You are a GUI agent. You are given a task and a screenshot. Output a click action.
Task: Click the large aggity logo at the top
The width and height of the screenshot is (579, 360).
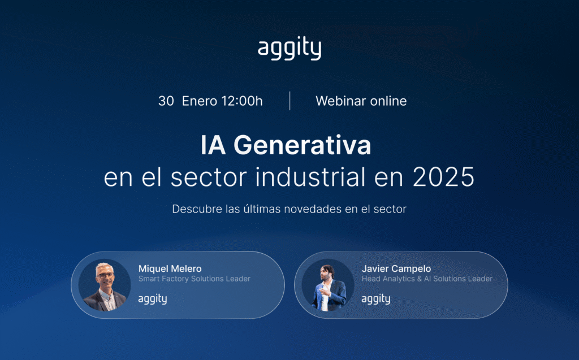point(289,49)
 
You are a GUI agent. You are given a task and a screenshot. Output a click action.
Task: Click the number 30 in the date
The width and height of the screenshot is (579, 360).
point(166,101)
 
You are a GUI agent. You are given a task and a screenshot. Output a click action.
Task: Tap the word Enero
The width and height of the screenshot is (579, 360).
point(200,101)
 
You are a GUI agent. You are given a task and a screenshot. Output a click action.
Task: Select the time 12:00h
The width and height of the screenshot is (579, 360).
point(242,101)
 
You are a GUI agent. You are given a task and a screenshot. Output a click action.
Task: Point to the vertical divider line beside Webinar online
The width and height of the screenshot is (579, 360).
point(290,101)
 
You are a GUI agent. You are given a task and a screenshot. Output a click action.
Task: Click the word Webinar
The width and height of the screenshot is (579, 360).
point(340,101)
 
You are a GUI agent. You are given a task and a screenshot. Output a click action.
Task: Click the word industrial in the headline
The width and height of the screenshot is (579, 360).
point(309,177)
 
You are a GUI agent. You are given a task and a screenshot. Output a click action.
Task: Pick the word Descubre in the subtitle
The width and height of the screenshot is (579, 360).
point(195,209)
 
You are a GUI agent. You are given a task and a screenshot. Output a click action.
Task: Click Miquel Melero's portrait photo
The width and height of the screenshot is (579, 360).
point(105,285)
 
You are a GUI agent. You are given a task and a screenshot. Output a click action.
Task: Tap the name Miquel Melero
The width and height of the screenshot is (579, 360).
point(170,268)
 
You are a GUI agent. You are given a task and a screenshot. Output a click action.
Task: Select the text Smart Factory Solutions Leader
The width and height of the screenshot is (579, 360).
point(194,279)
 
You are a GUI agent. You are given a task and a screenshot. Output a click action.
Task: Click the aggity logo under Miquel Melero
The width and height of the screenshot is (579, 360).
point(153,299)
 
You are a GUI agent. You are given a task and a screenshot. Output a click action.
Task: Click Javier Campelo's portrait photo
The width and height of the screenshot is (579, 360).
point(328,285)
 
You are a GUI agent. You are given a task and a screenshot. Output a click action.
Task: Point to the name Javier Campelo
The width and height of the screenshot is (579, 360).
point(396,268)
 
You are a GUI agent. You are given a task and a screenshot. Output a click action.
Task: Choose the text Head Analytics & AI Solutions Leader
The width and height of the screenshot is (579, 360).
point(427,279)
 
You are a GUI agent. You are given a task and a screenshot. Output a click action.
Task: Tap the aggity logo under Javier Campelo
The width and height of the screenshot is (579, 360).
point(376,299)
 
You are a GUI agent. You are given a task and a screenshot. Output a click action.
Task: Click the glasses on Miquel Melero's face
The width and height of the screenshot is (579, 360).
point(105,275)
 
